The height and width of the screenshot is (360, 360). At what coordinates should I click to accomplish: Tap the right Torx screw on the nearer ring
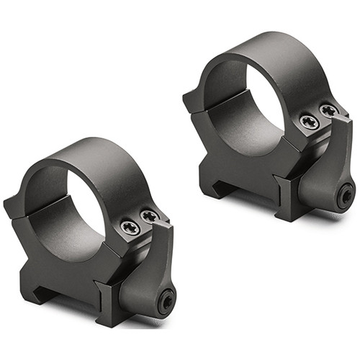click(x=150, y=215)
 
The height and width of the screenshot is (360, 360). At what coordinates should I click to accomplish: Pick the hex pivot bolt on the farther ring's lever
click(x=346, y=192)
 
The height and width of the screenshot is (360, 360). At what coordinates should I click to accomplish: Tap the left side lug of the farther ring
click(x=193, y=101)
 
